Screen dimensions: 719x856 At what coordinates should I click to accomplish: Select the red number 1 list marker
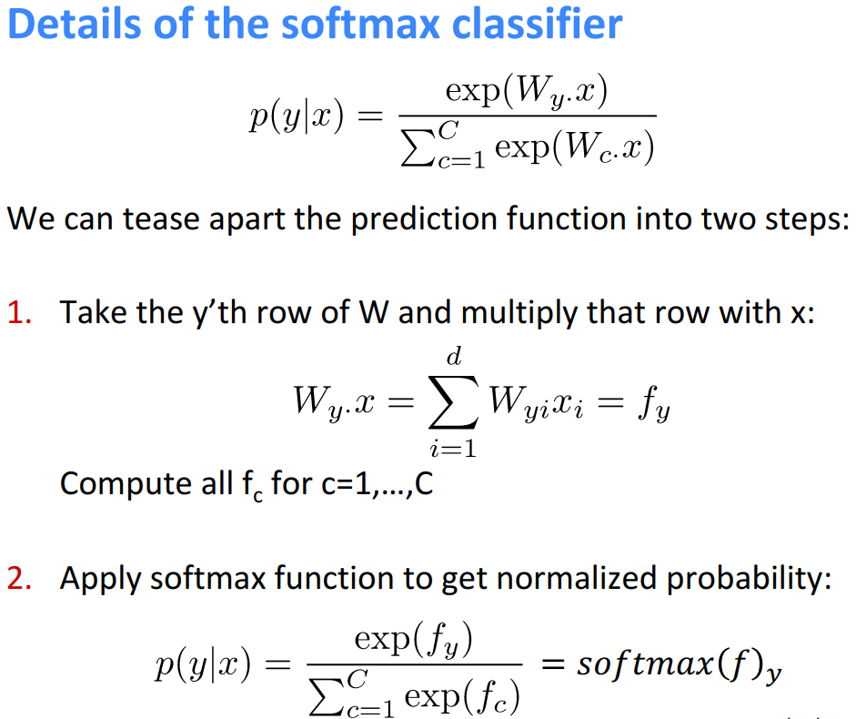[x=19, y=312]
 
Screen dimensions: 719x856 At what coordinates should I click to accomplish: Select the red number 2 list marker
[x=19, y=579]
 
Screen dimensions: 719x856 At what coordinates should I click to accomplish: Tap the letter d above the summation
[x=451, y=361]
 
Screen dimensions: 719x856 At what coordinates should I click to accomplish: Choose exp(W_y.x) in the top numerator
[x=525, y=93]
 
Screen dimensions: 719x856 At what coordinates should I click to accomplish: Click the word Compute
[x=113, y=482]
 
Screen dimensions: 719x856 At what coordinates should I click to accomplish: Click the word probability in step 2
[x=756, y=580]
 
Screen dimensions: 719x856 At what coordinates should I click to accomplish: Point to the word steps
[x=796, y=219]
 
